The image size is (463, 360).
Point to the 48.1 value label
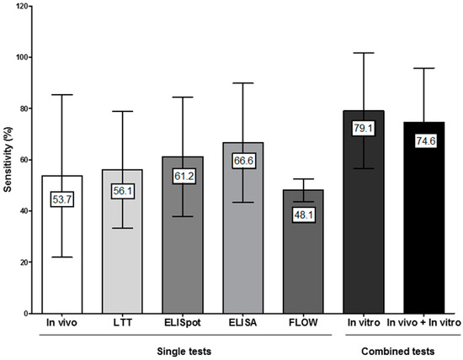[303, 236]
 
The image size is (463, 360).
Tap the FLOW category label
[303, 322]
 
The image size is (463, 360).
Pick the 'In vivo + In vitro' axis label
[423, 322]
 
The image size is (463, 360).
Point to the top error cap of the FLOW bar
[303, 179]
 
